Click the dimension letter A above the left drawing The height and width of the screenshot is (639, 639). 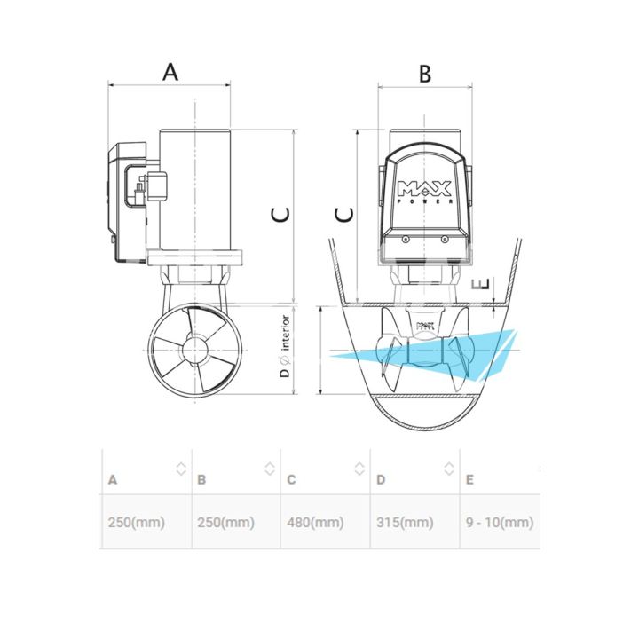[x=170, y=72]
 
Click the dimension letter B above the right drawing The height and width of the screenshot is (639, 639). [x=425, y=75]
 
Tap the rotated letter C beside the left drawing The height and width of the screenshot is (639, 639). [x=280, y=215]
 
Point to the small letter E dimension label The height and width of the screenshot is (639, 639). [x=480, y=284]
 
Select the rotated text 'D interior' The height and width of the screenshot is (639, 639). [x=286, y=346]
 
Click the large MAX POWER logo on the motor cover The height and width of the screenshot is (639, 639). [x=425, y=192]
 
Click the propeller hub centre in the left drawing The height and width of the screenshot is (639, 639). [x=195, y=350]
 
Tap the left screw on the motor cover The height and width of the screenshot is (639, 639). [x=405, y=240]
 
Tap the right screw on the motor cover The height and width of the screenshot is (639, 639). [x=445, y=240]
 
